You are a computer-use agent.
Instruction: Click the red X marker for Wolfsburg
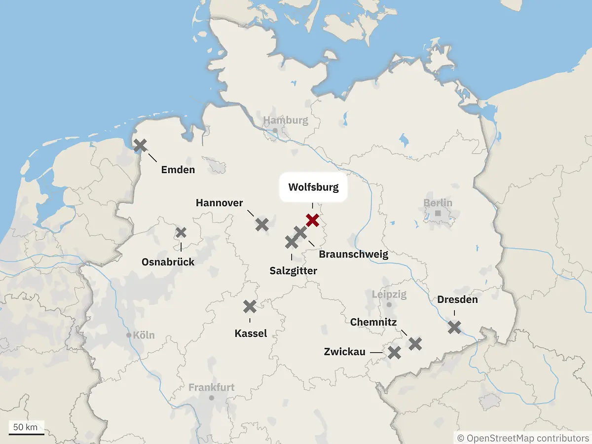312,220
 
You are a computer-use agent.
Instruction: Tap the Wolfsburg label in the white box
313,187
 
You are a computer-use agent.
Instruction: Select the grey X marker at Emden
141,145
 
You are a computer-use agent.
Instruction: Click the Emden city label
178,170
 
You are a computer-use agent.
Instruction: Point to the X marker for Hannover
262,224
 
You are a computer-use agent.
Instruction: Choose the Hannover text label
219,203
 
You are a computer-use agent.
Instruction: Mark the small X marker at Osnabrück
181,232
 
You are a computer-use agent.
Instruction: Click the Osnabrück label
168,262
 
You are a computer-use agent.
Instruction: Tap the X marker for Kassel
250,306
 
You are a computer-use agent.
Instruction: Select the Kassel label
251,333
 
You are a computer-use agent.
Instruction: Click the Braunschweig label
353,255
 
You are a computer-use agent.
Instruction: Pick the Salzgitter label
293,271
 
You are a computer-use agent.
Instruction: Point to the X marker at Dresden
454,327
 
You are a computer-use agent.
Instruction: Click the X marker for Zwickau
394,352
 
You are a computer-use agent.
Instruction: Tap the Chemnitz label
373,322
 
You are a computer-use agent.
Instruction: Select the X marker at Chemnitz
415,344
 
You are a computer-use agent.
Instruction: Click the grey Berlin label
438,203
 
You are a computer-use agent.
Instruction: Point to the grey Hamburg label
285,120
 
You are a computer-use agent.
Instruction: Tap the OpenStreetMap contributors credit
522,438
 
